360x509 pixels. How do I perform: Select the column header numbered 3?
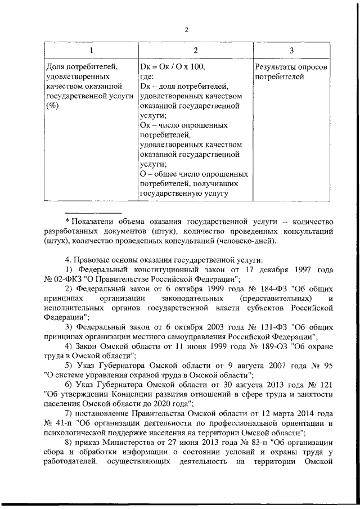(291, 51)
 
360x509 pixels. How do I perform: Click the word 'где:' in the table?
(147, 77)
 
